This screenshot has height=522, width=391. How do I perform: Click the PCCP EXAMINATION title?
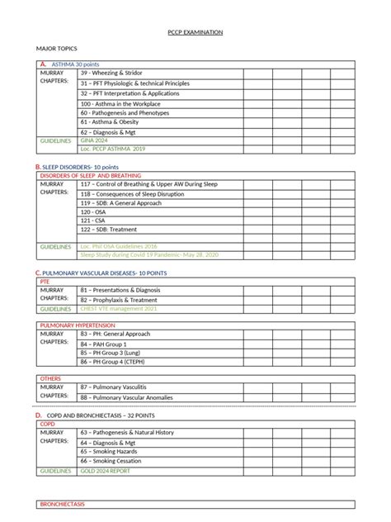195,33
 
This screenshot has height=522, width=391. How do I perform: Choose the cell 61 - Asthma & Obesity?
111,121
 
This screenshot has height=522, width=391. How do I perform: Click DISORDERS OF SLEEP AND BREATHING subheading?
90,176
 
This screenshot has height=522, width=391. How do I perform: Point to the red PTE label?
45,281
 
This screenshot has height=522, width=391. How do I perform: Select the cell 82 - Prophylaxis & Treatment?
120,300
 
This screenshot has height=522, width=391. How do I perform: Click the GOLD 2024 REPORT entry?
105,471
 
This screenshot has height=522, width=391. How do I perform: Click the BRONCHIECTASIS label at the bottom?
63,504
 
